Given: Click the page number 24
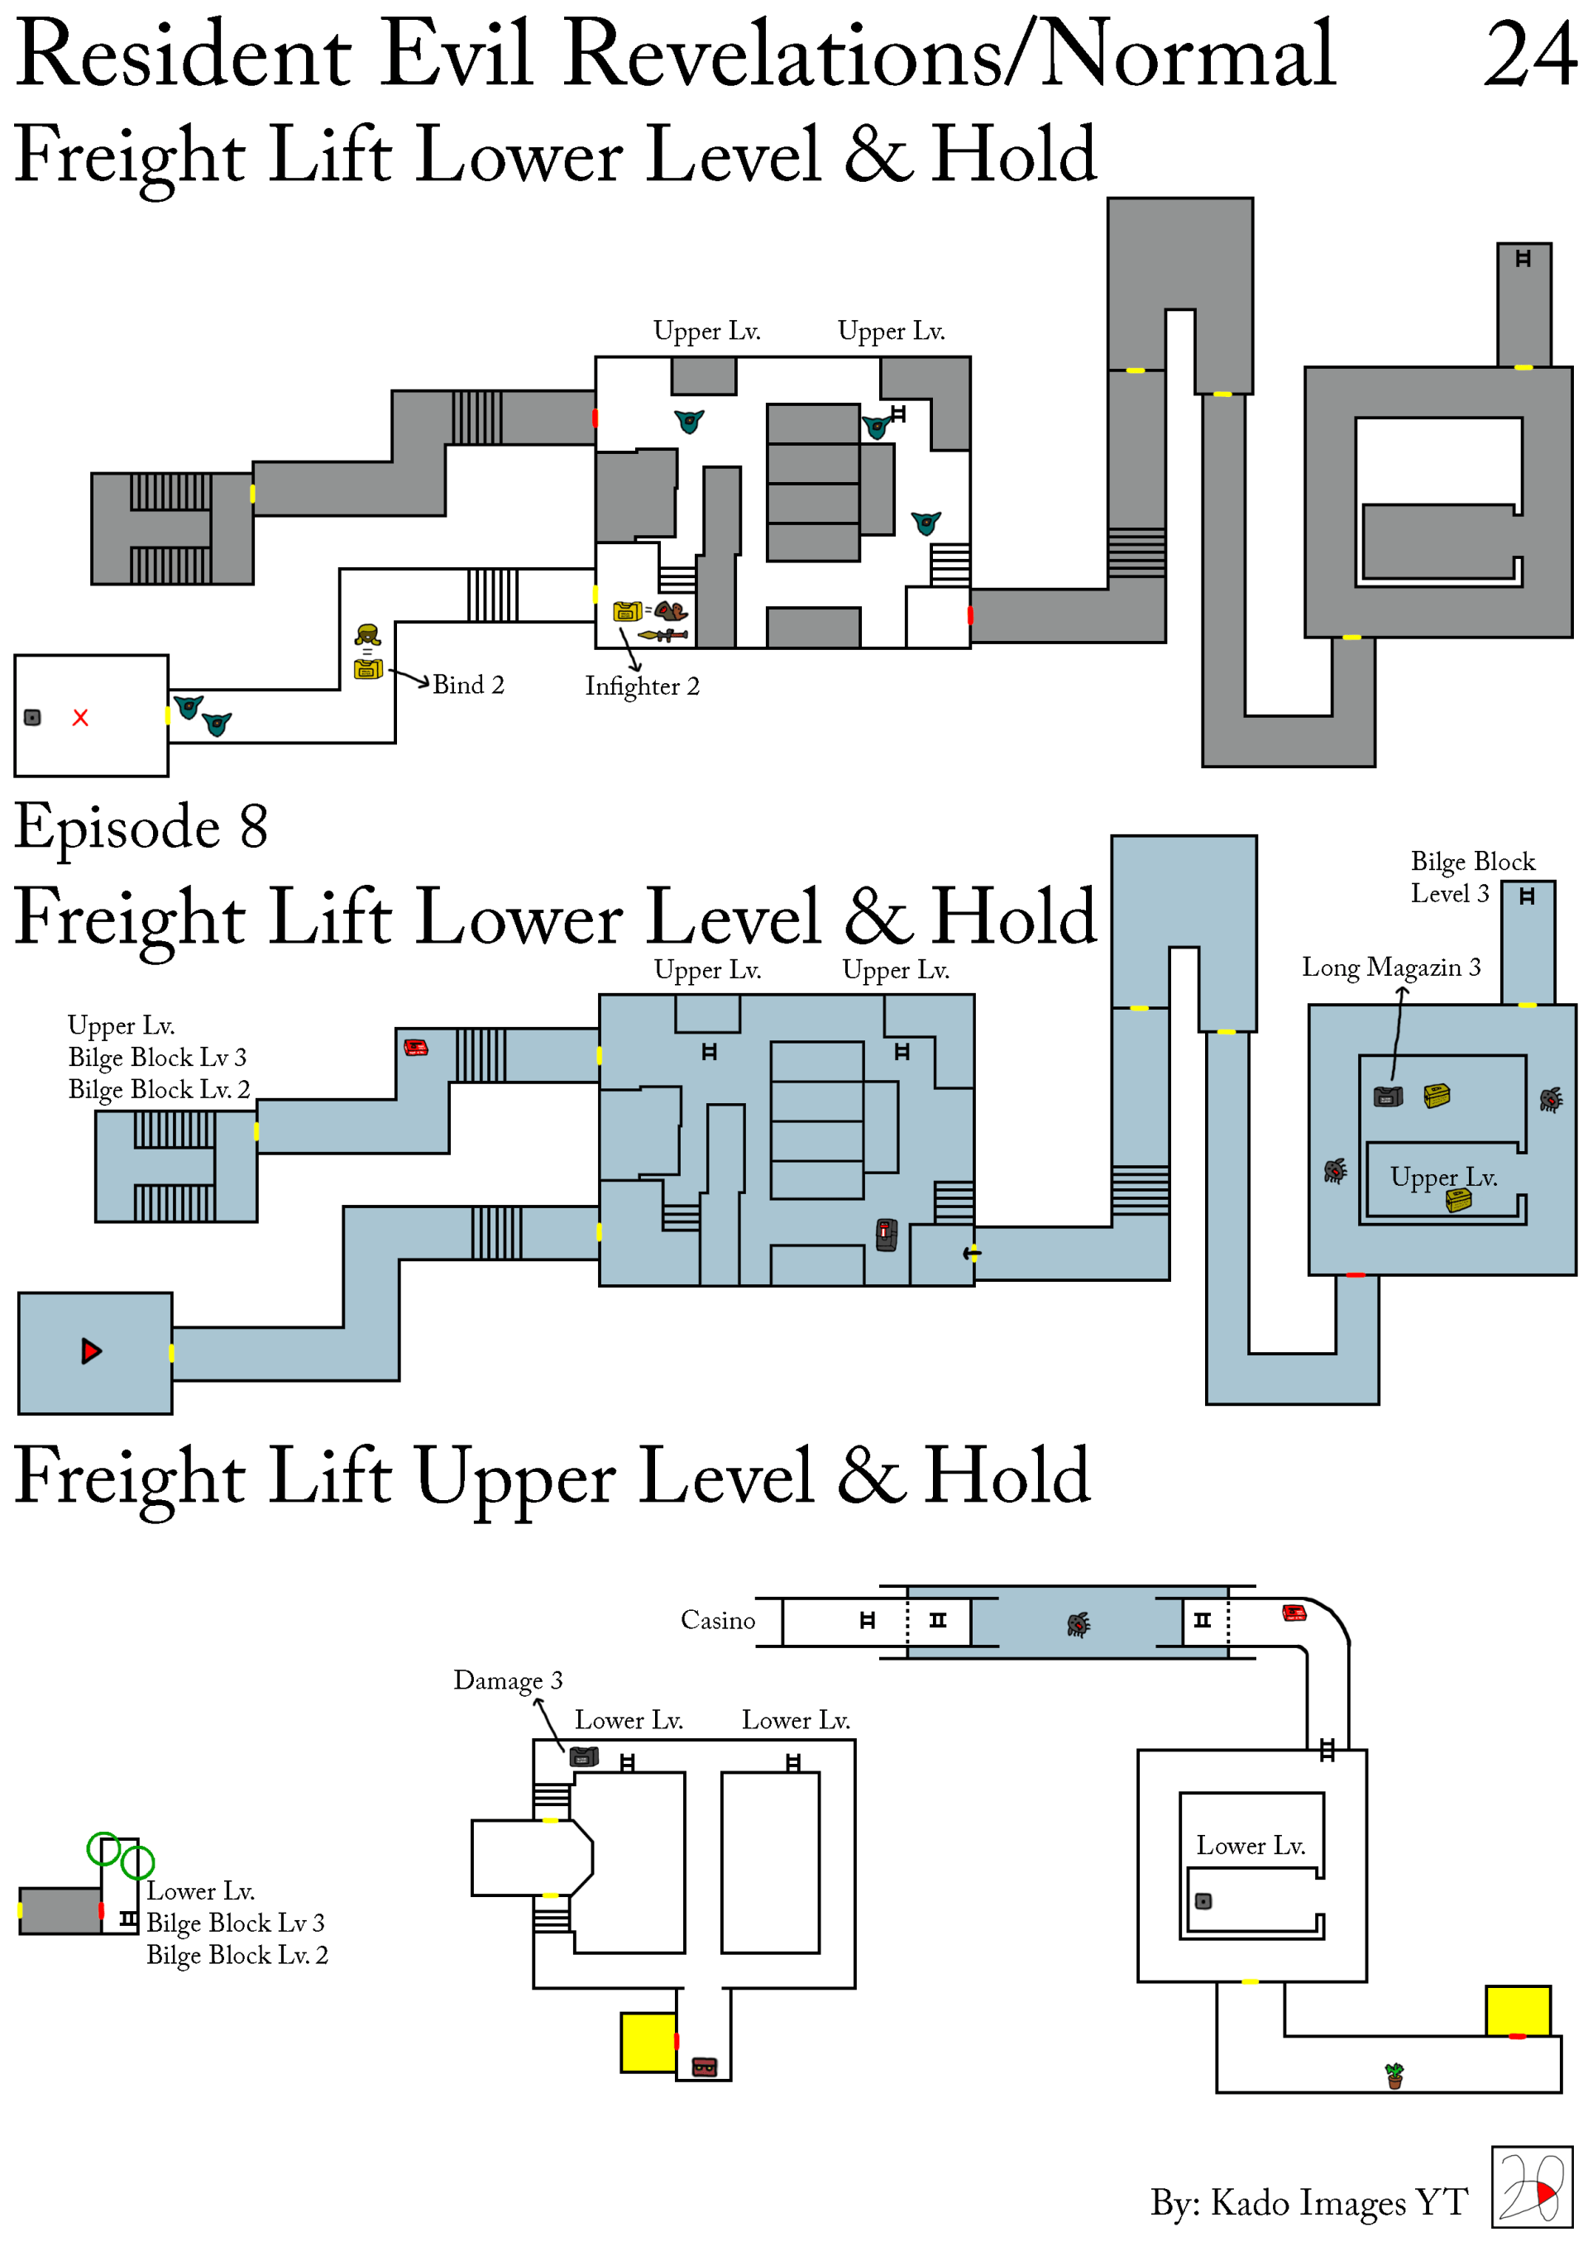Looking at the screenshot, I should point(1529,55).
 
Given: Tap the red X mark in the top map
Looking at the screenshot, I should point(80,718).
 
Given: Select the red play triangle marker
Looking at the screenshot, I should point(91,1351).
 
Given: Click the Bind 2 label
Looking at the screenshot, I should point(467,685).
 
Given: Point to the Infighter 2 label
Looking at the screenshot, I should point(642,686).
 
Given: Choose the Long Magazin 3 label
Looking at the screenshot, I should point(1390,968).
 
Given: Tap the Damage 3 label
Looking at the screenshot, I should point(508,1680).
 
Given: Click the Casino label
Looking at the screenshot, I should point(717,1621).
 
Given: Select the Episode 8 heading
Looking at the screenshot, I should point(141,828).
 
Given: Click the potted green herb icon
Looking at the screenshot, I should point(1394,2075).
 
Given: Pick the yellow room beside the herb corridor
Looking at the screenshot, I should point(1517,2010).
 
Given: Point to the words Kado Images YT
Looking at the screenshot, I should point(1338,2203).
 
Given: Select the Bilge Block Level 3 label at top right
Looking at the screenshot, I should point(1471,877).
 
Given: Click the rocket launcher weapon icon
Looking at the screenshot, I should point(662,636).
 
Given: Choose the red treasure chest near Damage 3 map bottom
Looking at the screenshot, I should point(705,2067).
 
